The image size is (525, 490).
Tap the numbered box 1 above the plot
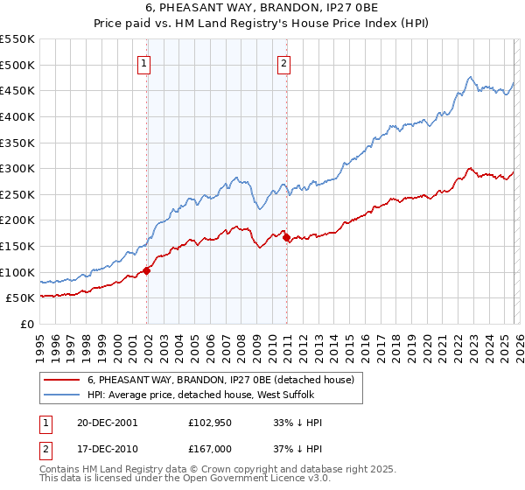(143, 62)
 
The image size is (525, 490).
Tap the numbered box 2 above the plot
(284, 62)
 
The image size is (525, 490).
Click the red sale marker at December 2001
(147, 270)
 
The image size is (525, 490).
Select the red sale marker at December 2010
(286, 237)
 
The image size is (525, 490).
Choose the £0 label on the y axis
(26, 324)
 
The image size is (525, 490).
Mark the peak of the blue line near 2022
(471, 77)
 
